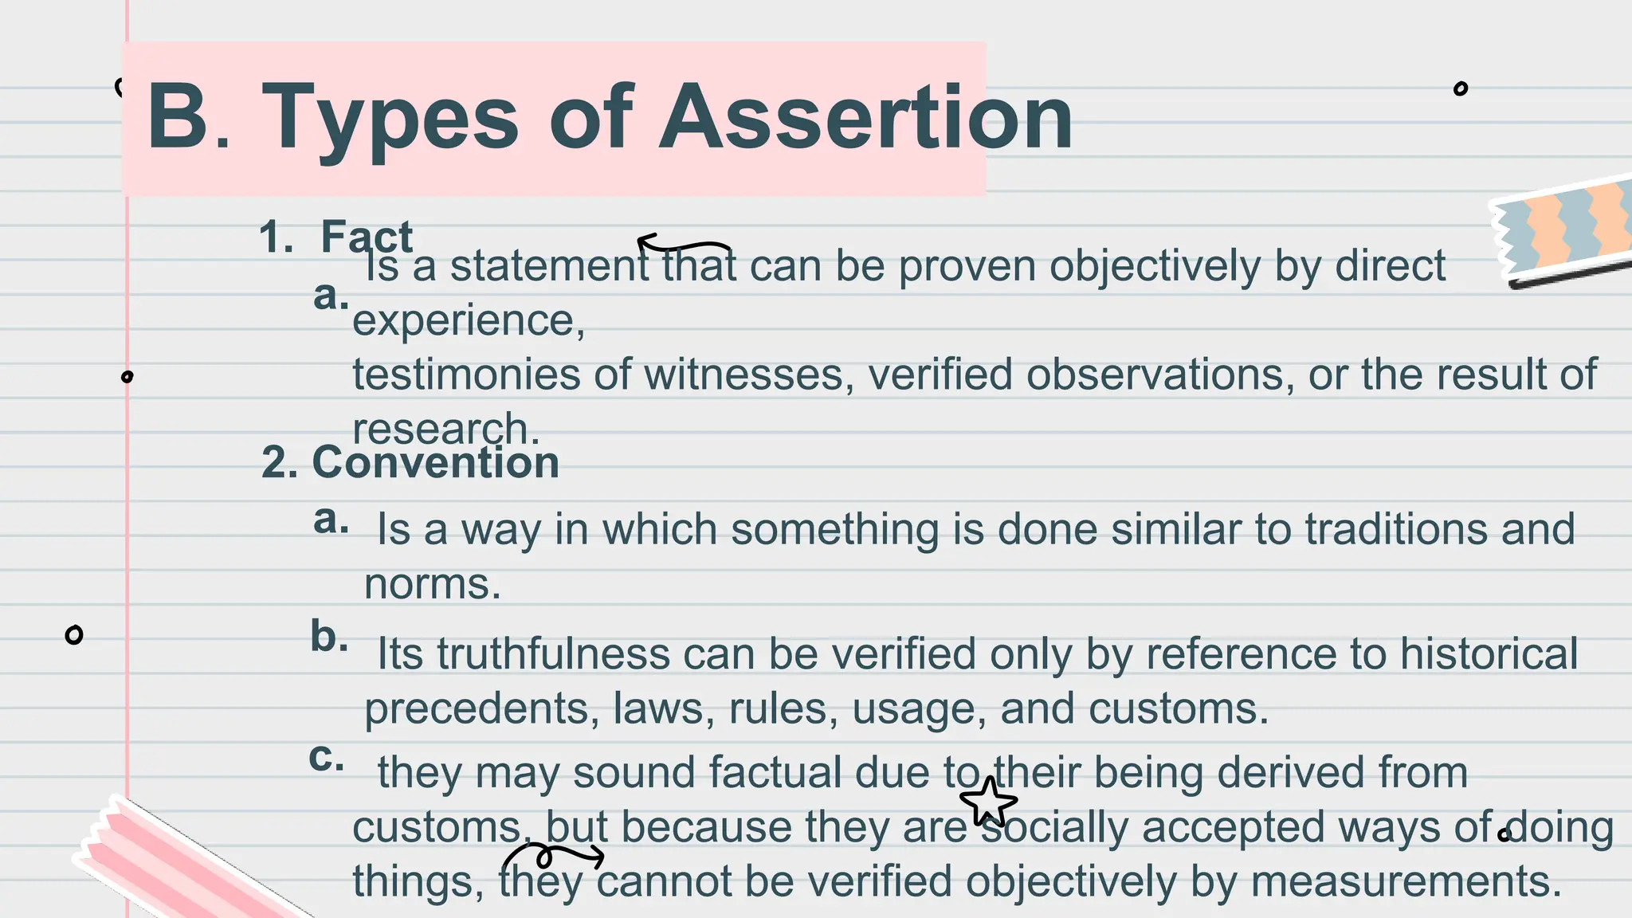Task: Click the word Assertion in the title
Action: coord(866,118)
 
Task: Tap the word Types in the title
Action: coord(390,118)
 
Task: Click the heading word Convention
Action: coord(435,462)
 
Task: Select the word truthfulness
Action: coord(552,654)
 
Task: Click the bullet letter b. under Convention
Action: coord(329,637)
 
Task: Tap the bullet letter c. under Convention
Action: coord(327,756)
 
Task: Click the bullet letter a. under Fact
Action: coord(331,295)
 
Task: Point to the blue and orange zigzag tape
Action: coord(1563,229)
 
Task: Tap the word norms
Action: coord(432,584)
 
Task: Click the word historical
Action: coord(1489,654)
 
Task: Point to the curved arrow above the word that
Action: coord(684,243)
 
